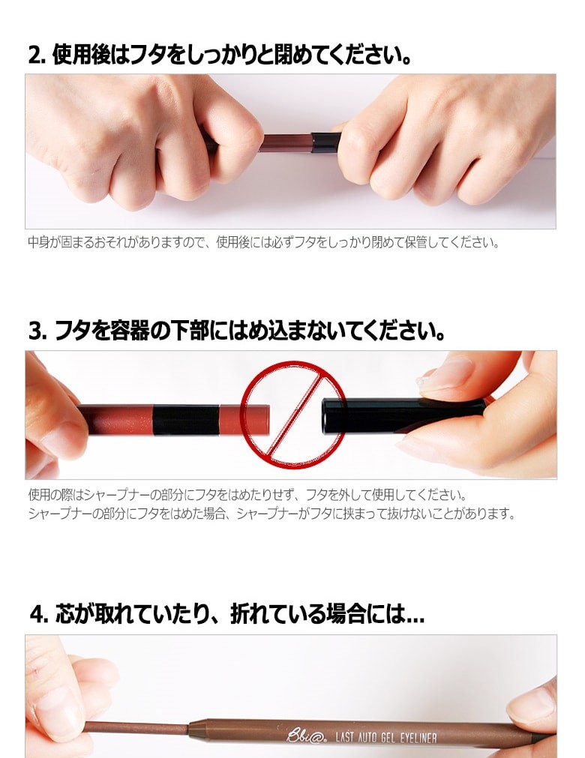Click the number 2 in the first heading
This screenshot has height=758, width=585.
pyautogui.click(x=35, y=55)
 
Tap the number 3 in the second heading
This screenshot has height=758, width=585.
pyautogui.click(x=35, y=331)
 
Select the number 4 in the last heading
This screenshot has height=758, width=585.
pyautogui.click(x=37, y=615)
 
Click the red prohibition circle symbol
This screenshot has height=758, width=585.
pyautogui.click(x=292, y=415)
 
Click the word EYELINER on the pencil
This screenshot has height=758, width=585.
pyautogui.click(x=418, y=738)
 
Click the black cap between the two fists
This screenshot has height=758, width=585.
pyautogui.click(x=325, y=142)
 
